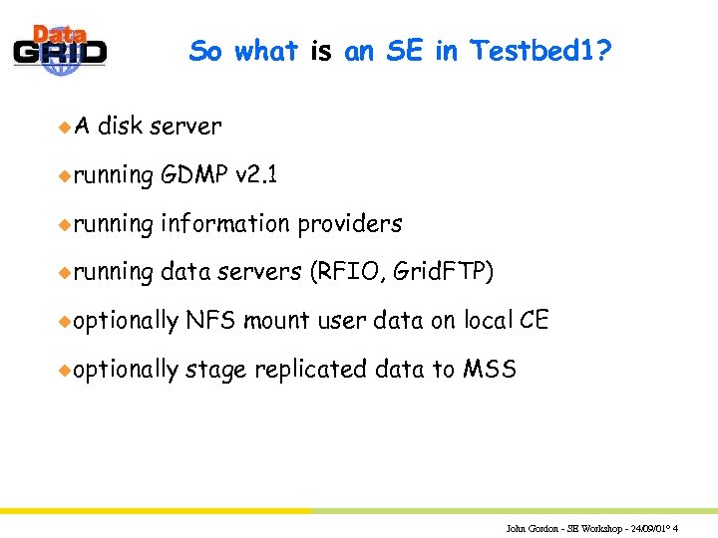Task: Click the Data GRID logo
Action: tap(60, 47)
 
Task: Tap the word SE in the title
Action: tap(403, 50)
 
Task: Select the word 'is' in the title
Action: tap(320, 50)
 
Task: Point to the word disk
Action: tap(122, 127)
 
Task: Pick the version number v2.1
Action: tap(257, 175)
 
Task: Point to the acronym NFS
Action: tap(210, 321)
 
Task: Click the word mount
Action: tap(275, 321)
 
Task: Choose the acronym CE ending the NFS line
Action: tap(535, 321)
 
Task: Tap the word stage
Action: tap(216, 370)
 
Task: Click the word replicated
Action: tap(311, 370)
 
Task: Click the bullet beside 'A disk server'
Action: tap(63, 127)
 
